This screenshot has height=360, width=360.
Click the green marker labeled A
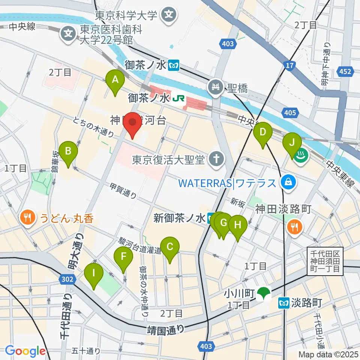115,79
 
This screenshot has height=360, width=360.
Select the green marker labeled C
169,247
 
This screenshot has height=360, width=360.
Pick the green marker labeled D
263,132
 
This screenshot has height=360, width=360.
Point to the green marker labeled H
237,225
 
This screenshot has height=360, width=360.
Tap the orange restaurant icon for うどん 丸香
27,217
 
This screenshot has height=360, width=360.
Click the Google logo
25,351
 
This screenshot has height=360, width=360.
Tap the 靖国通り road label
165,330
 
